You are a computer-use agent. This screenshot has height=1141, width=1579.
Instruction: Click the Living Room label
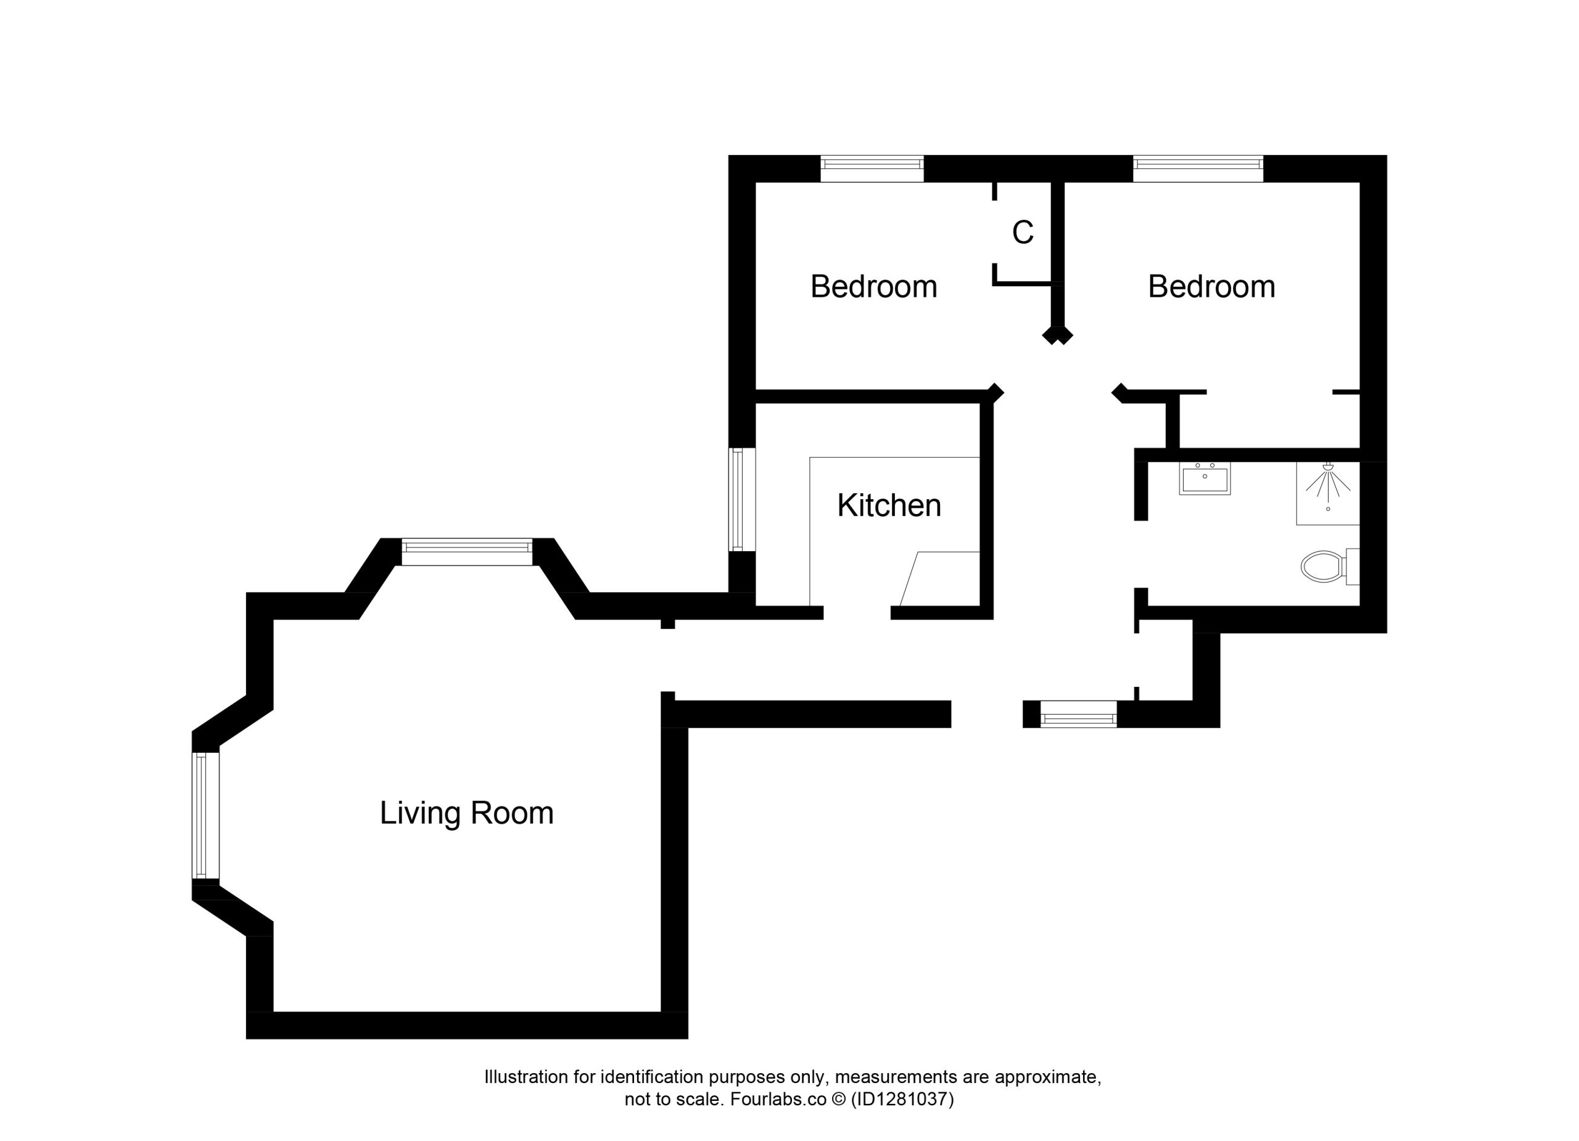pyautogui.click(x=466, y=813)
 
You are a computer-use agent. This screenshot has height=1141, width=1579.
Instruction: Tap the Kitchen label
pyautogui.click(x=889, y=506)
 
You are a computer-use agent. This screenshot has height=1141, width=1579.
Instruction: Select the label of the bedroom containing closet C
pyautogui.click(x=874, y=287)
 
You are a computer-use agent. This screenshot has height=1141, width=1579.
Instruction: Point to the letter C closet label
pyautogui.click(x=1023, y=233)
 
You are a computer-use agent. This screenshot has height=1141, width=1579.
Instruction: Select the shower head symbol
pyautogui.click(x=1328, y=483)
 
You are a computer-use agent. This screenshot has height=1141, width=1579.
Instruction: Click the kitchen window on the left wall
pyautogui.click(x=742, y=499)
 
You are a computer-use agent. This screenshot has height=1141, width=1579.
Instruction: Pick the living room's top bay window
pyautogui.click(x=466, y=552)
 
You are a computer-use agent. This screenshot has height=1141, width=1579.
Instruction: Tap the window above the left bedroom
pyautogui.click(x=872, y=168)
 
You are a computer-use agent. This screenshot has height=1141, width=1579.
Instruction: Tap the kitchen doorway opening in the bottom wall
pyautogui.click(x=857, y=613)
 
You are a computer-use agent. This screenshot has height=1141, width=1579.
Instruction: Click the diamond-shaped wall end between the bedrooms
pyautogui.click(x=1058, y=336)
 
